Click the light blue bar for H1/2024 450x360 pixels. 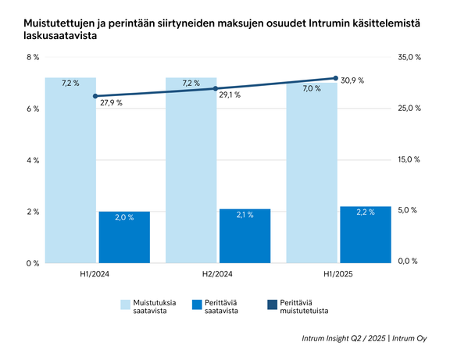[70, 172]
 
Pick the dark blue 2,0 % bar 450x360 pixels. [124, 237]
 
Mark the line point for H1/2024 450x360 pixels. [95, 96]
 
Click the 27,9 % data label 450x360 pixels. [111, 102]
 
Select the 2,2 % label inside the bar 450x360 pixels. [366, 212]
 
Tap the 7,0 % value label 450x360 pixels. [312, 88]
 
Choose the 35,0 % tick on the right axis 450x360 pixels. [409, 58]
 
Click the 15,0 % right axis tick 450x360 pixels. [409, 159]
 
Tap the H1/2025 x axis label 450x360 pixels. [338, 274]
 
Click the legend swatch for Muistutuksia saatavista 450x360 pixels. [126, 305]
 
